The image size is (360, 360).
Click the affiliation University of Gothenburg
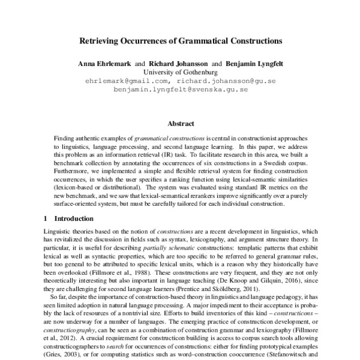[x=180, y=72]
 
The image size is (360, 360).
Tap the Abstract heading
[x=180, y=123]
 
